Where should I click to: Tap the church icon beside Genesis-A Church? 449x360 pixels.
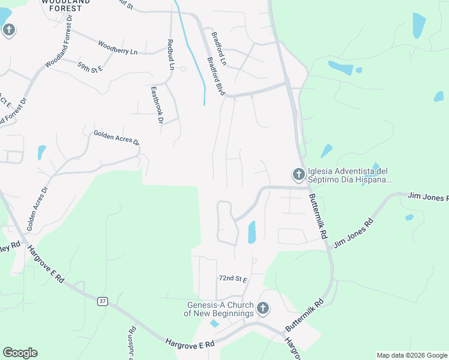coord(262,308)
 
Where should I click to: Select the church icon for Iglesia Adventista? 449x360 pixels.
coord(298,175)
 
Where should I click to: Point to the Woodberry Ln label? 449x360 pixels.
coord(118,48)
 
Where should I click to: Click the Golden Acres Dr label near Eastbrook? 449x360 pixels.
coord(116,139)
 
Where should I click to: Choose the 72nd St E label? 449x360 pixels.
coord(233,279)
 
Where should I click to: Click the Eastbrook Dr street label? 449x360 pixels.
coord(157,106)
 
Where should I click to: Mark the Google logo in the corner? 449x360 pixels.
coord(20,353)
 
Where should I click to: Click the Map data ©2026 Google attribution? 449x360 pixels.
coord(412,355)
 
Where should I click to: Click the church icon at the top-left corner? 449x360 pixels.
coord(9,29)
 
